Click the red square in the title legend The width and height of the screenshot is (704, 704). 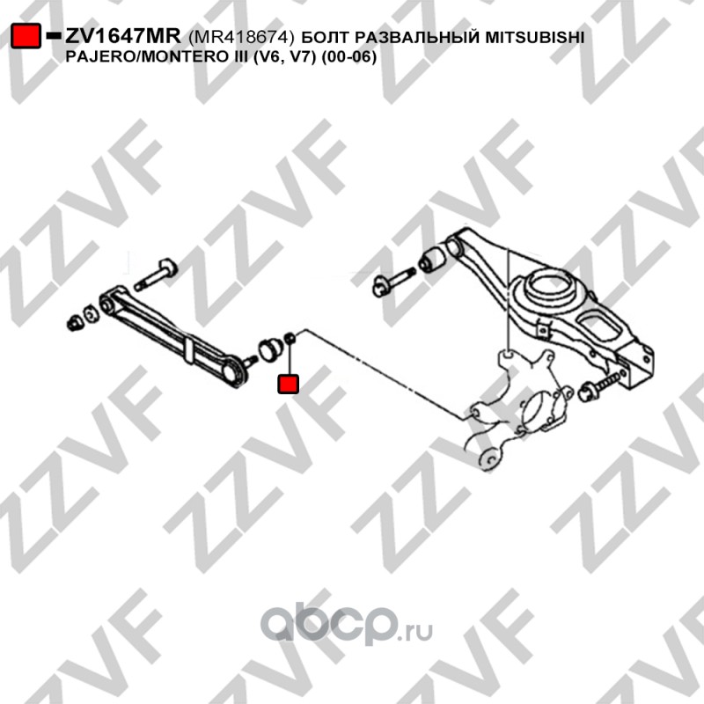[26, 35]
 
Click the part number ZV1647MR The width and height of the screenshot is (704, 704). [123, 36]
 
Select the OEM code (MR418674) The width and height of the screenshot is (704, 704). [241, 37]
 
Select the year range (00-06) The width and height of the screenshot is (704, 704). [348, 57]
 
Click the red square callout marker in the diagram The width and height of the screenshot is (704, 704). [288, 384]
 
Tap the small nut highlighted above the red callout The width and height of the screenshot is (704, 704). [290, 337]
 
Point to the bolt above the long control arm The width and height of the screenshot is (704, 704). [156, 275]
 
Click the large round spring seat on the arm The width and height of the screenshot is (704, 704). [551, 288]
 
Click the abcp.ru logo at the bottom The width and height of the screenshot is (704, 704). [347, 624]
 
